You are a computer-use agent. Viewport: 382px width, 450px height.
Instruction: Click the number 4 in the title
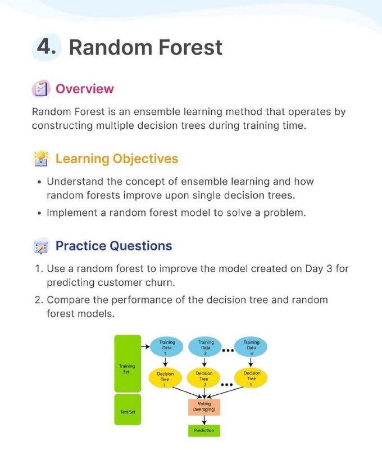tap(44, 47)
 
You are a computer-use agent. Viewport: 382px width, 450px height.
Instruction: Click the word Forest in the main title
tap(190, 47)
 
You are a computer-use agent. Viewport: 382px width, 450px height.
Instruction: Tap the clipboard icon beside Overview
tap(40, 88)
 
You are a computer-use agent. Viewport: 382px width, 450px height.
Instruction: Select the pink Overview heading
tap(84, 89)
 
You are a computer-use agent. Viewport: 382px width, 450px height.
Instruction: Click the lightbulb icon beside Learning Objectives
tap(41, 159)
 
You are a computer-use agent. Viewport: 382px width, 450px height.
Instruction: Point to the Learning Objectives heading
tap(117, 159)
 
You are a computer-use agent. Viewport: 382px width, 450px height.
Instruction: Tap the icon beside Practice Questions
tap(41, 246)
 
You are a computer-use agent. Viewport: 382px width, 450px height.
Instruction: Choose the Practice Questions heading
tap(114, 246)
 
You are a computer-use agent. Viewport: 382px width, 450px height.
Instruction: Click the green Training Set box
tap(128, 363)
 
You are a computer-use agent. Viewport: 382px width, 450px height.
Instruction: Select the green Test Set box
tap(128, 409)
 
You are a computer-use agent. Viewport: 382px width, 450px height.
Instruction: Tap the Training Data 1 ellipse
tap(166, 346)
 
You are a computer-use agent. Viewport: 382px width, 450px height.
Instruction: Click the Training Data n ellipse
tap(251, 346)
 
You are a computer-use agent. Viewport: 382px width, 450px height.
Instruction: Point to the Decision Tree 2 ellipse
tap(204, 378)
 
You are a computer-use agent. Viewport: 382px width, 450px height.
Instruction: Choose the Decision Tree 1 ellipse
tap(165, 378)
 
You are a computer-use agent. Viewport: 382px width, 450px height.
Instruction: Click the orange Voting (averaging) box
tap(204, 407)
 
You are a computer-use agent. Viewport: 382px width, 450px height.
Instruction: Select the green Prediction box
tap(204, 430)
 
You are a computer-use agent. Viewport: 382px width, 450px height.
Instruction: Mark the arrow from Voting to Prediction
tap(204, 420)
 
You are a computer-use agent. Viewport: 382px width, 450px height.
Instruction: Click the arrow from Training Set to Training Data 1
tap(145, 346)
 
